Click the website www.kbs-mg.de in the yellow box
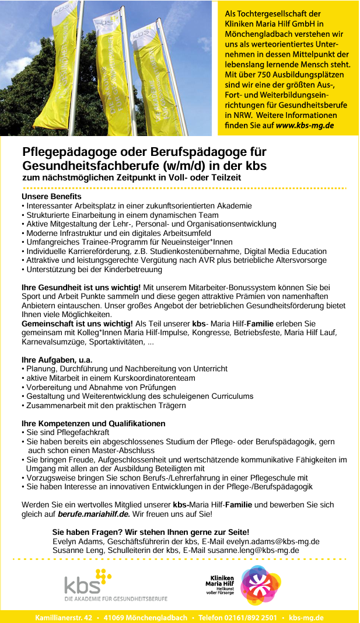click(x=305, y=125)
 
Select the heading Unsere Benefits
click(x=51, y=196)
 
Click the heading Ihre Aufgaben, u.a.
click(x=57, y=359)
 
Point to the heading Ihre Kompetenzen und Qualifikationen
click(x=93, y=423)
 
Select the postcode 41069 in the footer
click(x=116, y=618)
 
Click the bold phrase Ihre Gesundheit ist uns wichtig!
click(x=81, y=287)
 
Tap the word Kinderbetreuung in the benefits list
click(x=132, y=269)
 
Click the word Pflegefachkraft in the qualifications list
click(x=81, y=433)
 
